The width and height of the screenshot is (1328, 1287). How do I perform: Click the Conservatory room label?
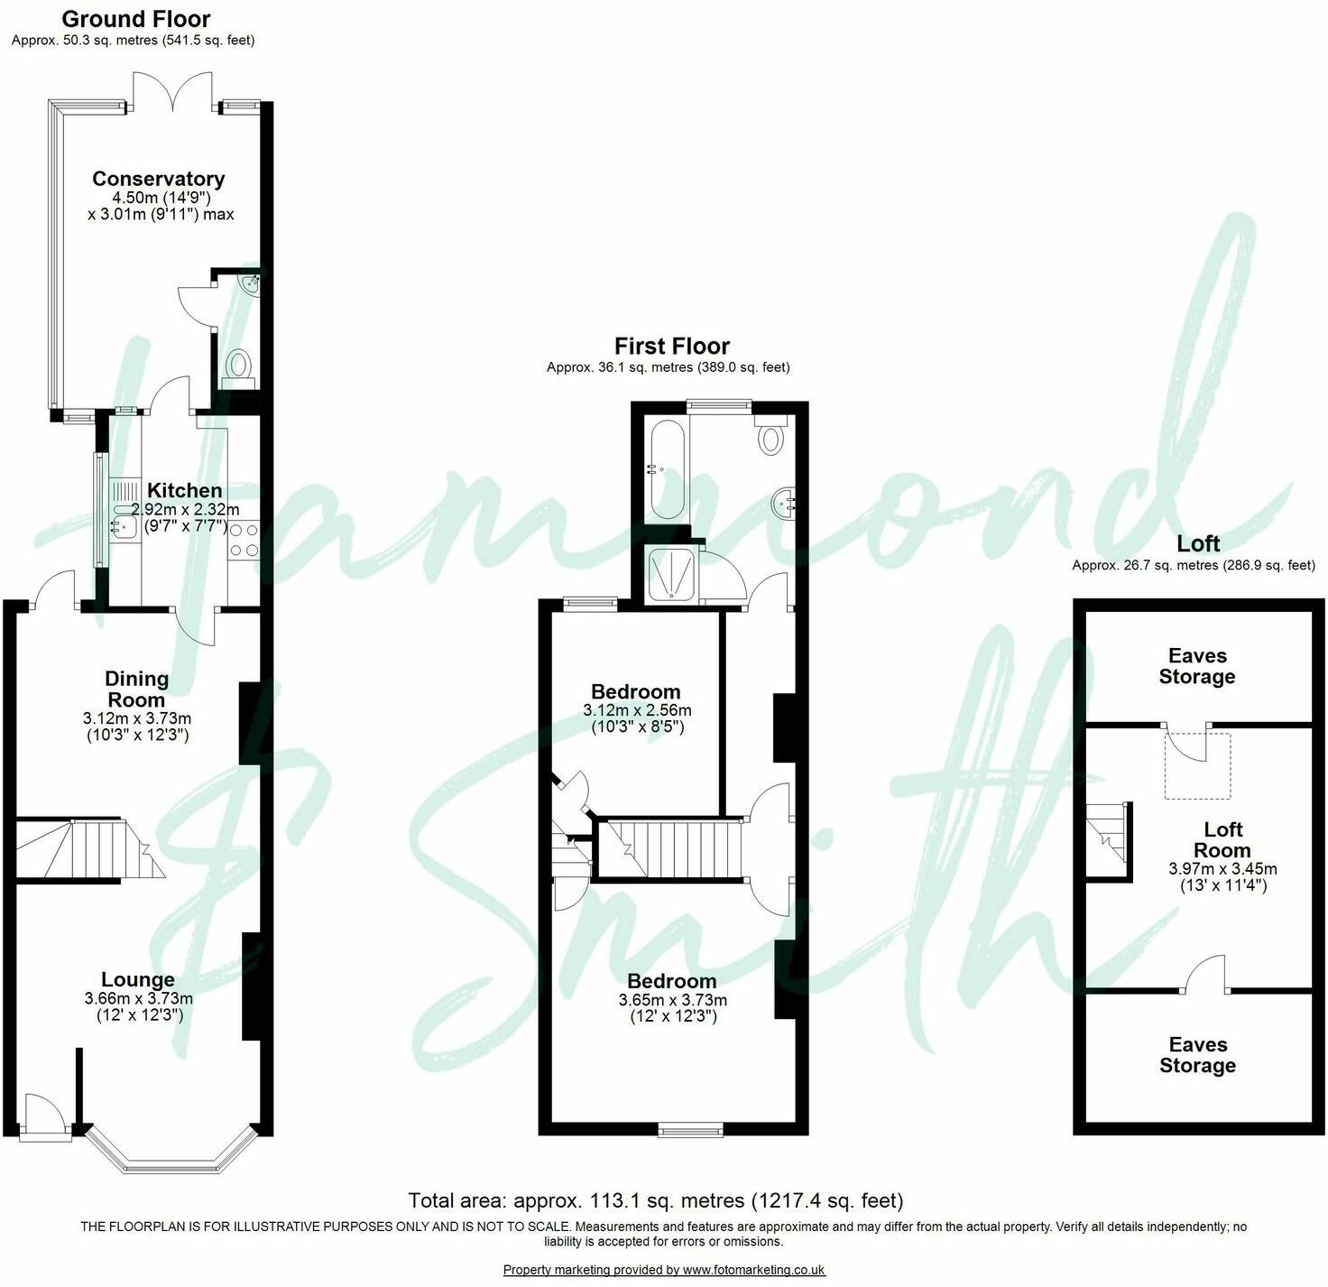point(158,179)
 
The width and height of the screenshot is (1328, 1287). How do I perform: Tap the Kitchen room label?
point(184,490)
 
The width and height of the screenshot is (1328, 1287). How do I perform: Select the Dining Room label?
point(136,689)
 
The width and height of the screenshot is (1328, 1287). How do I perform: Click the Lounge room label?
point(138,979)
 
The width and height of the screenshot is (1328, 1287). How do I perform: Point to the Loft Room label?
point(1222,839)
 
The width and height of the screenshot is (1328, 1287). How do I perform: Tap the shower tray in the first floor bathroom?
point(672,574)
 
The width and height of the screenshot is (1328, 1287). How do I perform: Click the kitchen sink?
point(122,524)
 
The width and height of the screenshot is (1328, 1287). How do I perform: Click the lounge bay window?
point(171,1155)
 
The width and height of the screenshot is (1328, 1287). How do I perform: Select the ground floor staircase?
point(86,848)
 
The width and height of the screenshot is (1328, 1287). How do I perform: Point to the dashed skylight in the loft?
point(1197,765)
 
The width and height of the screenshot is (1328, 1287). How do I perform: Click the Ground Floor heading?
point(136,19)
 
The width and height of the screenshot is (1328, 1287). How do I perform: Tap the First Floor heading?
point(671,346)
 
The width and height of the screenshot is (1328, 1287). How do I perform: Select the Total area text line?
point(655,1200)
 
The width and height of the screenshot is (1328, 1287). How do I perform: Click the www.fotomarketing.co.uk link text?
point(753,1270)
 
